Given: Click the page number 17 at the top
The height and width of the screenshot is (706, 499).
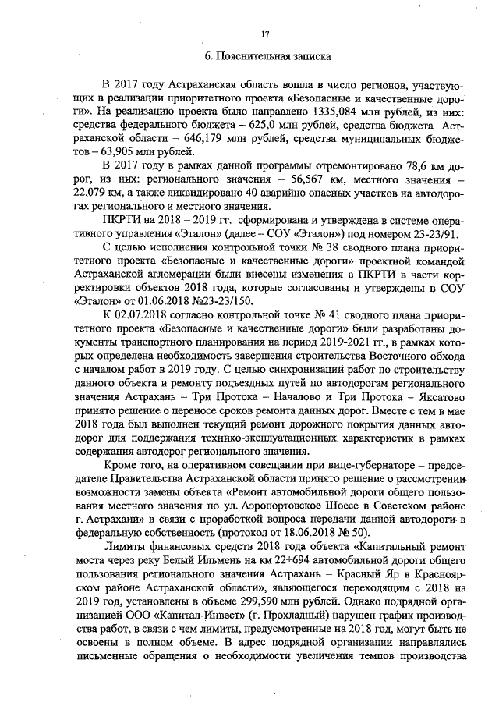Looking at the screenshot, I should pyautogui.click(x=265, y=33).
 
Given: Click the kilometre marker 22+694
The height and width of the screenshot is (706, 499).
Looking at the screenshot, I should pyautogui.click(x=288, y=564).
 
